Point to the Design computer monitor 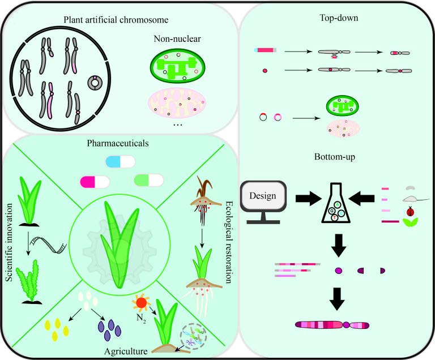(x=263, y=198)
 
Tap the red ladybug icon (x=409, y=212)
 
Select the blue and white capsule (x=121, y=162)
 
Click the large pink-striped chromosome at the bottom (x=332, y=325)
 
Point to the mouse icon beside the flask (x=410, y=199)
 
